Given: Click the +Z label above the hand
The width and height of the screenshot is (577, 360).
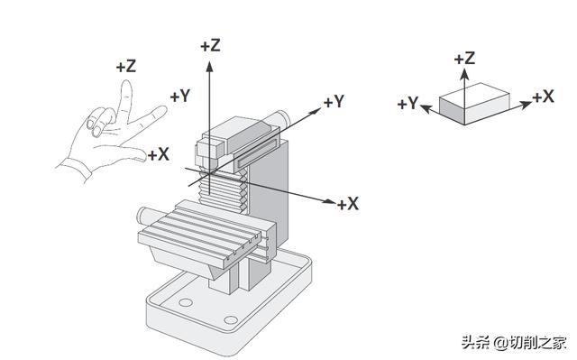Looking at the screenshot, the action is tap(126, 67).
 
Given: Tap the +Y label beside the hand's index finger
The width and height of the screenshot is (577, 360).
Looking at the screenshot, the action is tap(180, 96).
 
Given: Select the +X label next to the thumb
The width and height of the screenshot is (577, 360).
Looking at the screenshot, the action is tap(159, 154).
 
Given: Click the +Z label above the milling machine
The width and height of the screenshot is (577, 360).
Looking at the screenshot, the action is tap(210, 46).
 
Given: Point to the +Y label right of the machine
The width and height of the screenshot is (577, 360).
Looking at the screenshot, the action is tap(334, 102).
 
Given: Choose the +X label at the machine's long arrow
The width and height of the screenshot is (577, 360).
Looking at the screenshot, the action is tap(348, 204).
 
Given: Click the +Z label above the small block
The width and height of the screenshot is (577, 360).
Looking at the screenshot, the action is tap(464, 59).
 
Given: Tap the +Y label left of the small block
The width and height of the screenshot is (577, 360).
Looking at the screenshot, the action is tap(408, 104).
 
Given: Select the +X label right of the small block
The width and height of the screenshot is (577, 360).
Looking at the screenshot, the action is tap(543, 97).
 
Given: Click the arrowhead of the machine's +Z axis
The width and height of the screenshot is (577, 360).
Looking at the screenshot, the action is tap(210, 66).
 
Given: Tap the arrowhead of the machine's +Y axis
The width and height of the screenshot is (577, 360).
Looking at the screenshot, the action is tap(316, 110).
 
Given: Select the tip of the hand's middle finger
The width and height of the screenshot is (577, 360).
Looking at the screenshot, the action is tap(127, 82).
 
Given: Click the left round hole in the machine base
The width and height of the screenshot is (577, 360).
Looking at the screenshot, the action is tap(186, 302).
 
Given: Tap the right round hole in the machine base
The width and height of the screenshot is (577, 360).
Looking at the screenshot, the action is tap(231, 319).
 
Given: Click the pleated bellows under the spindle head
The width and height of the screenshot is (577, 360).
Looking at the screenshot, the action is tap(223, 191).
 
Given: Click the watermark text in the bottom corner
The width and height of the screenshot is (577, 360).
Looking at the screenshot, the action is tap(513, 343).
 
